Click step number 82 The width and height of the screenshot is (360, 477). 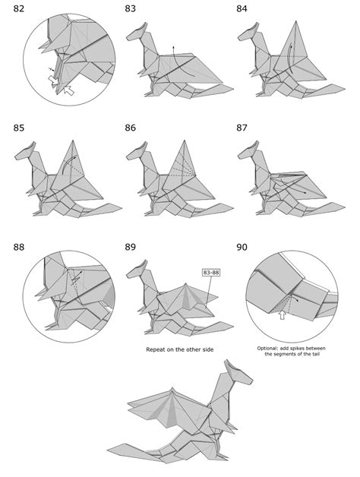18,8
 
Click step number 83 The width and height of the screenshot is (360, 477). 130,8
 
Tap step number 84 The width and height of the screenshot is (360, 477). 242,8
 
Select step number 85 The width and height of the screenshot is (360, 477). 18,128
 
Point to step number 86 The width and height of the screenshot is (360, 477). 130,128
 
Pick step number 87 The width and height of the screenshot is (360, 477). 242,128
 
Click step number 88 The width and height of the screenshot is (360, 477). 18,247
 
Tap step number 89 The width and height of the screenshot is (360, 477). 130,247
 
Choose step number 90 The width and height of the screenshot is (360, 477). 242,247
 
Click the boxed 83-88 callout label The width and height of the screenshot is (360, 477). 211,273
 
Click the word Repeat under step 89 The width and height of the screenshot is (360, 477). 156,350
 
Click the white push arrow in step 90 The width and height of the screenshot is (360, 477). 283,315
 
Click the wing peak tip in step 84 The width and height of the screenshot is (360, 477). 295,21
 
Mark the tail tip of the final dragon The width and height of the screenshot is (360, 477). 109,450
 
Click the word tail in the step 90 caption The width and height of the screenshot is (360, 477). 315,354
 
